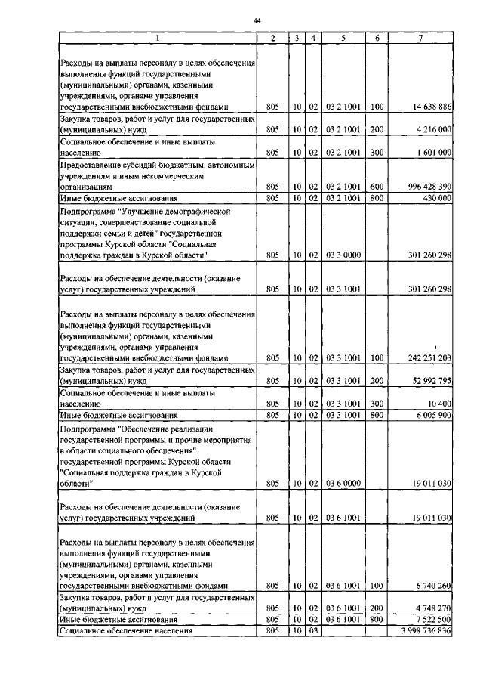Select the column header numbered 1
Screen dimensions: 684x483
tap(158, 37)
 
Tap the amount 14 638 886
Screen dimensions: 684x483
tap(427, 107)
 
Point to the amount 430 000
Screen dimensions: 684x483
tap(433, 197)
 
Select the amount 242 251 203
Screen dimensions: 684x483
tap(424, 357)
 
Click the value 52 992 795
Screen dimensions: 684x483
tap(427, 382)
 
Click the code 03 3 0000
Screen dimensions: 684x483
tap(343, 255)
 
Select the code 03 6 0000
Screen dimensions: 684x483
tap(343, 482)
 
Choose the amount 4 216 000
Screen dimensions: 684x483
tap(430, 129)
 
